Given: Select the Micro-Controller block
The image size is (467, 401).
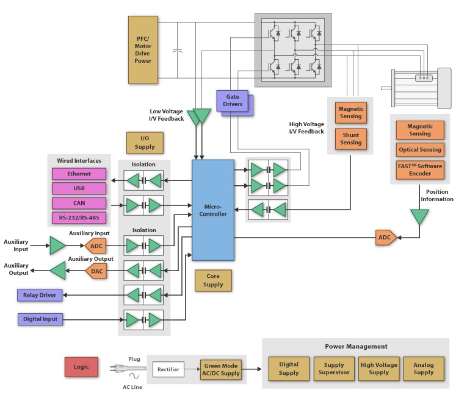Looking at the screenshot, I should (212, 210).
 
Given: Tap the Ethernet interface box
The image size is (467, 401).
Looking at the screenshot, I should (79, 174).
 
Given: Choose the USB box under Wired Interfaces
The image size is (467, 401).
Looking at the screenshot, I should (79, 188).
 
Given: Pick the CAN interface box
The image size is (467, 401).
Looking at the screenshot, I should (79, 203).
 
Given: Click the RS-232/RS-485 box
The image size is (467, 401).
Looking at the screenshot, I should (79, 218).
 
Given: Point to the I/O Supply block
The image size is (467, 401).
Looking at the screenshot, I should (145, 143).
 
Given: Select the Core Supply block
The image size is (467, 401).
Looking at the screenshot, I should (213, 280).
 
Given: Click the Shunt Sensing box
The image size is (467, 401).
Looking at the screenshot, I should (350, 138).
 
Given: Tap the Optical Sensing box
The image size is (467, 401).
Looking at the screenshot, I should (420, 149).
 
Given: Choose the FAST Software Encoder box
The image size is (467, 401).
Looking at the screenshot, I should (420, 169).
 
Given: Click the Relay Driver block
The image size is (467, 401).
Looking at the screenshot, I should (40, 295).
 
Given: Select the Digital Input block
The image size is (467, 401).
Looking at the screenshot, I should (40, 319).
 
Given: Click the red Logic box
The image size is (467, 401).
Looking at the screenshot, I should (82, 367).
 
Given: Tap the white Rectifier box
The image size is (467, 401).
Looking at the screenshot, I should (168, 369).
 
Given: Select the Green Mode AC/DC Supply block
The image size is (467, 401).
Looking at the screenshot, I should (222, 369).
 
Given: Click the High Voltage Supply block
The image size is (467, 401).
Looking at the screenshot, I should (378, 369).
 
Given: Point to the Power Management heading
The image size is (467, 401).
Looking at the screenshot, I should (357, 346).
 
